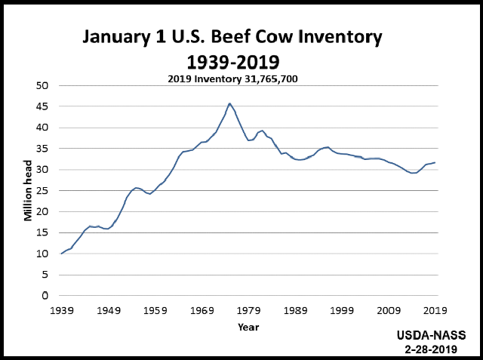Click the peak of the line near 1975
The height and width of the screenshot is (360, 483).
tap(229, 103)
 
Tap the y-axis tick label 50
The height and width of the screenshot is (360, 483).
tap(42, 85)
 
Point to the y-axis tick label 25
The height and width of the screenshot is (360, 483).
tap(42, 190)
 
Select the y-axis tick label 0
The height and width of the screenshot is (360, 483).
tap(45, 295)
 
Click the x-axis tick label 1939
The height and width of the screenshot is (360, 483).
tap(62, 310)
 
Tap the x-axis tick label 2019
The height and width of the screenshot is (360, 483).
tap(435, 310)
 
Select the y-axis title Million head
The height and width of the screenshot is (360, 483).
tap(28, 190)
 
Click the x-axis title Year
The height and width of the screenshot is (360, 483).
tap(248, 327)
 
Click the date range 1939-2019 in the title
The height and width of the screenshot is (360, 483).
tap(232, 60)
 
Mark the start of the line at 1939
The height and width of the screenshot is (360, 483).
tap(62, 254)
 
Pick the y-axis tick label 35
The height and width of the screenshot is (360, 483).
tap(42, 149)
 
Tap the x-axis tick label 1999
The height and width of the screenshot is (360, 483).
tap(342, 310)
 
